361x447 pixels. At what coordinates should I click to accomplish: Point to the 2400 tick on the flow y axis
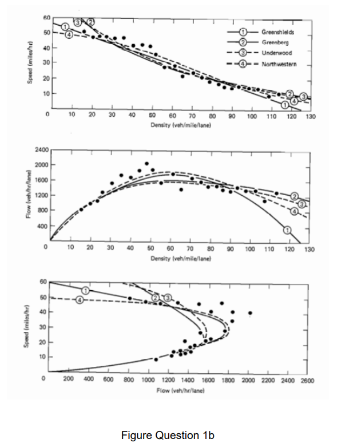(x=41, y=149)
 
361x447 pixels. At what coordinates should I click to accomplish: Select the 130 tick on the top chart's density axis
(x=311, y=116)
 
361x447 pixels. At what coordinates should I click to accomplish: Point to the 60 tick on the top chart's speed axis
(x=46, y=18)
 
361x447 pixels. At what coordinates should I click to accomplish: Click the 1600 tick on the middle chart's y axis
(x=41, y=180)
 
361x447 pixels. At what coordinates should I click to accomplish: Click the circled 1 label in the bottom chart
(x=86, y=290)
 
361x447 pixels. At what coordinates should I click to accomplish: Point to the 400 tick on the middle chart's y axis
(x=42, y=226)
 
